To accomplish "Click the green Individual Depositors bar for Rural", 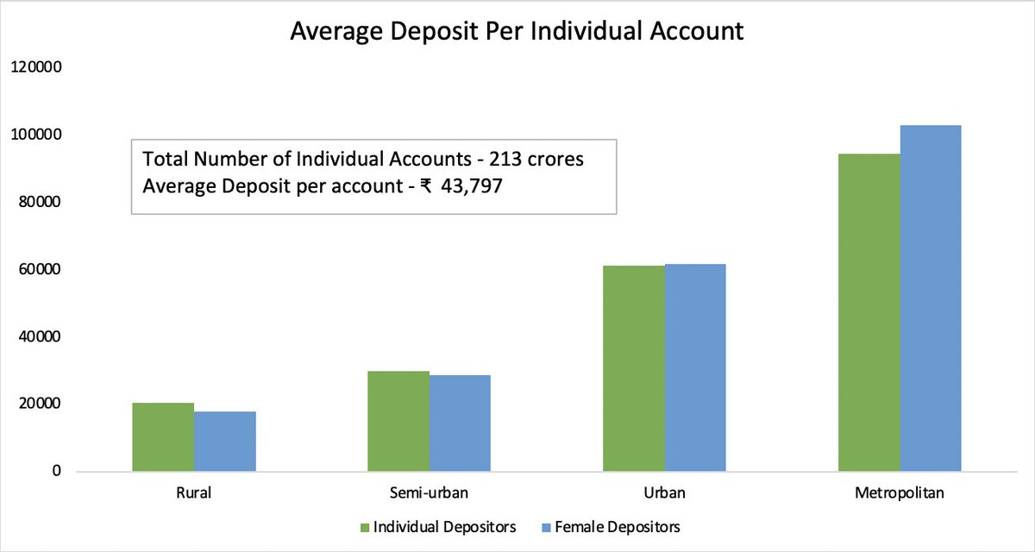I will [x=163, y=437].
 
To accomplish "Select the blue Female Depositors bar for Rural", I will [x=225, y=442].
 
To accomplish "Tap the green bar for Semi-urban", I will [x=398, y=421].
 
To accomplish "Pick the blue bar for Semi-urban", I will [x=460, y=423].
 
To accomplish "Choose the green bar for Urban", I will [x=634, y=368].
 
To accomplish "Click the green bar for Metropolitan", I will [x=869, y=312].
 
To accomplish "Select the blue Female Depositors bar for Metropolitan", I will [x=931, y=298].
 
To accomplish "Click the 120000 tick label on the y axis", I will [x=34, y=68].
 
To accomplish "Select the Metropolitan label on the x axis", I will [x=900, y=494].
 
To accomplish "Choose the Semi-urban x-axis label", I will [x=429, y=494].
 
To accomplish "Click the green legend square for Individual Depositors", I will [x=365, y=526].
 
